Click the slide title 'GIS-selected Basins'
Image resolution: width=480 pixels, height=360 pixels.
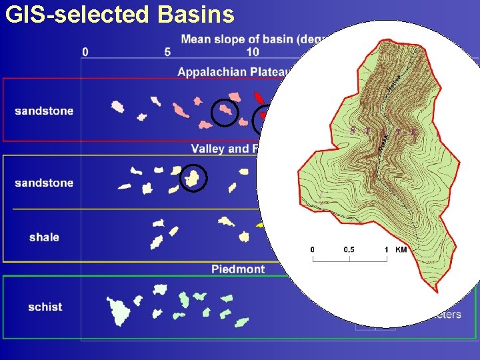[120, 14]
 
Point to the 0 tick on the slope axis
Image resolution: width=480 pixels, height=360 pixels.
[85, 52]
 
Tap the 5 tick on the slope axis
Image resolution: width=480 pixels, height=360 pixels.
[167, 52]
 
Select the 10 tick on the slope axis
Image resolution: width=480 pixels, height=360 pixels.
[253, 52]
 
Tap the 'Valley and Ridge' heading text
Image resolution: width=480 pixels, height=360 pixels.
[219, 149]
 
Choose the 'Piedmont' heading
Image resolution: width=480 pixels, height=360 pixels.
[238, 269]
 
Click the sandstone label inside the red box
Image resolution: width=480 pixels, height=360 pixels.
[44, 111]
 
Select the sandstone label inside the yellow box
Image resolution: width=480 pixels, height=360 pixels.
[44, 183]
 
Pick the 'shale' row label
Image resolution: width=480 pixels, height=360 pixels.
[44, 237]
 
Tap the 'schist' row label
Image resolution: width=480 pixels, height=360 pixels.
[45, 307]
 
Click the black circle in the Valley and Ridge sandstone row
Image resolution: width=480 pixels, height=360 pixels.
[193, 178]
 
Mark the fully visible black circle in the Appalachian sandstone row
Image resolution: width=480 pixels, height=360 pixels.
[225, 112]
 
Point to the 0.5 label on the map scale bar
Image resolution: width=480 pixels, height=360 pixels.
[349, 249]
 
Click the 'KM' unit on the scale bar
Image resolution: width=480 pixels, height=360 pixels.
[401, 249]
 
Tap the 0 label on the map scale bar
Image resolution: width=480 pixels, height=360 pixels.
[313, 249]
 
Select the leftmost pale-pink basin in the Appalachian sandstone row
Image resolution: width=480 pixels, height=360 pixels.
[117, 106]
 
